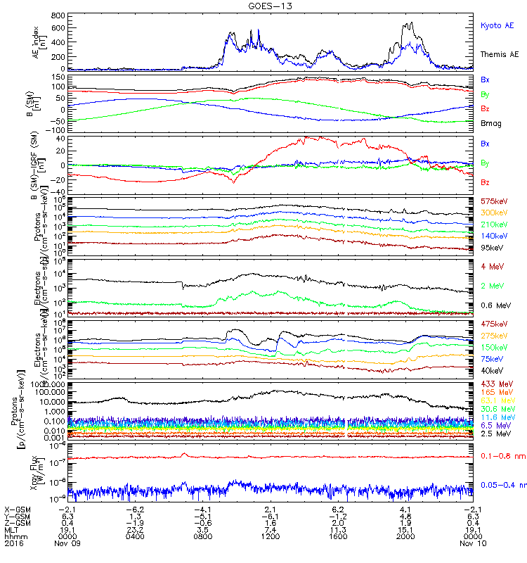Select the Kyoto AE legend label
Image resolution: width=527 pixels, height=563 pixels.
click(497, 25)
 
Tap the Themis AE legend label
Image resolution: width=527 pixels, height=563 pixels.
click(499, 54)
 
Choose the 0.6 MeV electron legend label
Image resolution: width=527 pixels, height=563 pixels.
click(494, 305)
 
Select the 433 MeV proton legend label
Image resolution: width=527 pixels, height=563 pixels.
click(494, 384)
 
